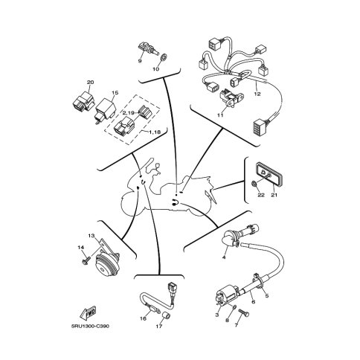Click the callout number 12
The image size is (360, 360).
(257, 94)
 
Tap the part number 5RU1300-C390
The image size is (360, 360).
(90, 326)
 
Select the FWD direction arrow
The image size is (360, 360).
(89, 313)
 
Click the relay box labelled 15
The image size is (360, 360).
(106, 109)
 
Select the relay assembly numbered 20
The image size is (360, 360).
(83, 101)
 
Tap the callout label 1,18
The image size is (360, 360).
(155, 132)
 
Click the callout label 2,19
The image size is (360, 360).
(129, 113)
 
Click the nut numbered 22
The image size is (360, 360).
(254, 184)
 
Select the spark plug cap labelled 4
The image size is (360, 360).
(231, 239)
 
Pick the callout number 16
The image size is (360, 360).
(143, 318)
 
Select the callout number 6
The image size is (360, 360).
(254, 302)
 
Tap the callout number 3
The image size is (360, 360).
(217, 315)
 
